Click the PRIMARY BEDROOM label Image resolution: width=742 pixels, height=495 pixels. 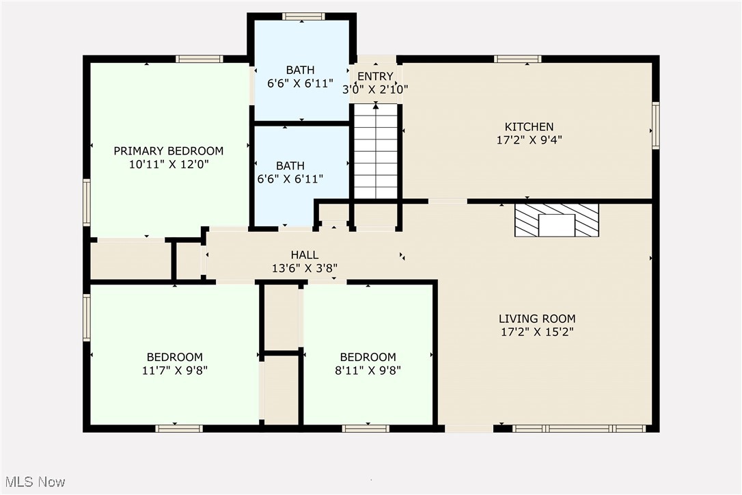coord(168,151)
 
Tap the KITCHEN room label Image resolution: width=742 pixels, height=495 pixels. coord(529,126)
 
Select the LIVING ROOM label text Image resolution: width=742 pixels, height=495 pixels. coord(536,319)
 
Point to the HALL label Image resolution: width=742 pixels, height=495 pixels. coord(304,255)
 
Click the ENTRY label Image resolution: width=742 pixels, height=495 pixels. coord(375,77)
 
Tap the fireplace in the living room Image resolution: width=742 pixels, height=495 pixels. coord(556,220)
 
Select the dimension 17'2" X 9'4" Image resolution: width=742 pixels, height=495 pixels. coord(529,139)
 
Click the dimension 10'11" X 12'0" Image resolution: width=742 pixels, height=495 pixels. coord(168,164)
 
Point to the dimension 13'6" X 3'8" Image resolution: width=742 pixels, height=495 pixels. coord(304,268)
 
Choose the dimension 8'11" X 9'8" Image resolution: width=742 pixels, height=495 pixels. coord(368,371)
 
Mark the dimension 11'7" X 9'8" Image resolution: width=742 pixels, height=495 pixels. coord(174,371)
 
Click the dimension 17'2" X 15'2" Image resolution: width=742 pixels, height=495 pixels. coord(536,332)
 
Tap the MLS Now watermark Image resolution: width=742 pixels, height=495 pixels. coord(33,482)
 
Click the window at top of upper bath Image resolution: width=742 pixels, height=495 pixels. coord(303,16)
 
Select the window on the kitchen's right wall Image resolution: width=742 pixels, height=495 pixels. coord(655,126)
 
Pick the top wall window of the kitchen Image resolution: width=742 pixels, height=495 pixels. coord(518,59)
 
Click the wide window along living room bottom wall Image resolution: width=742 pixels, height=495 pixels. coord(579,429)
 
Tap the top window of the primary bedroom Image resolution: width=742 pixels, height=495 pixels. coord(199,59)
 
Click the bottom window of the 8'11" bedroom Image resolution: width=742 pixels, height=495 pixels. coord(366,429)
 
